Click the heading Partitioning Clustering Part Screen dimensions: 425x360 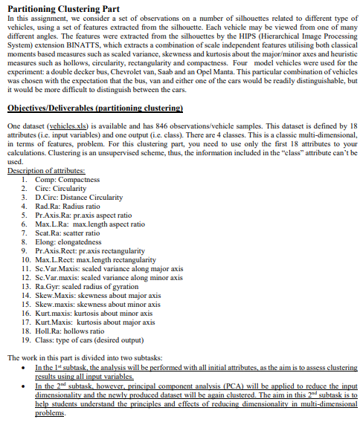tap(62, 7)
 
